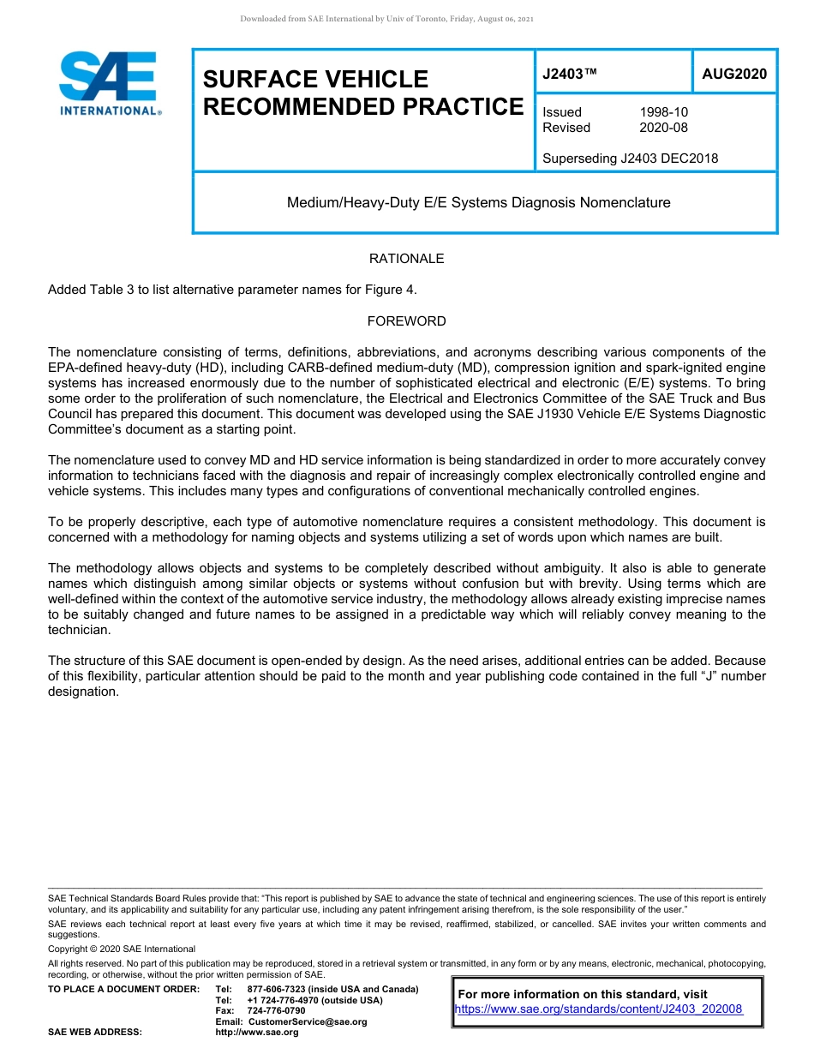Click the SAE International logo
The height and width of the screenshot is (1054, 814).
point(110,83)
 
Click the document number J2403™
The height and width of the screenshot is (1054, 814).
point(569,75)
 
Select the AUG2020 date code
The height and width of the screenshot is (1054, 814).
point(734,75)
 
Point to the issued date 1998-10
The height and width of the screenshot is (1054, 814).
point(663,112)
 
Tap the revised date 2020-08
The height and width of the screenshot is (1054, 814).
point(663,128)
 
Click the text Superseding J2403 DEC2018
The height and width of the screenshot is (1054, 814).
point(630,158)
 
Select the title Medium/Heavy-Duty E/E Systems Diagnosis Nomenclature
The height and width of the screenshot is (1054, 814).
point(478,203)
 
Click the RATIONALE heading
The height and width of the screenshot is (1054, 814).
point(406,259)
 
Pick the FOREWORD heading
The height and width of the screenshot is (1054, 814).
point(406,321)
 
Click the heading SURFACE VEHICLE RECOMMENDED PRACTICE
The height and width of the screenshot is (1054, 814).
point(362,93)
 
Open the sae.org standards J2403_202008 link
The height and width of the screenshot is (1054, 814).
point(598,1009)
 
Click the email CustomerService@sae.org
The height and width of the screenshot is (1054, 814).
point(307,1021)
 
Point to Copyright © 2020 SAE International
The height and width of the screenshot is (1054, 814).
point(122,949)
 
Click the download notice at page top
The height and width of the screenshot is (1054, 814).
point(387,19)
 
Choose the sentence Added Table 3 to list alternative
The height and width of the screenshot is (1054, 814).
point(232,290)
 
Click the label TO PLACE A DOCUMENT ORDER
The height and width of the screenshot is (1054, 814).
point(123,989)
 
